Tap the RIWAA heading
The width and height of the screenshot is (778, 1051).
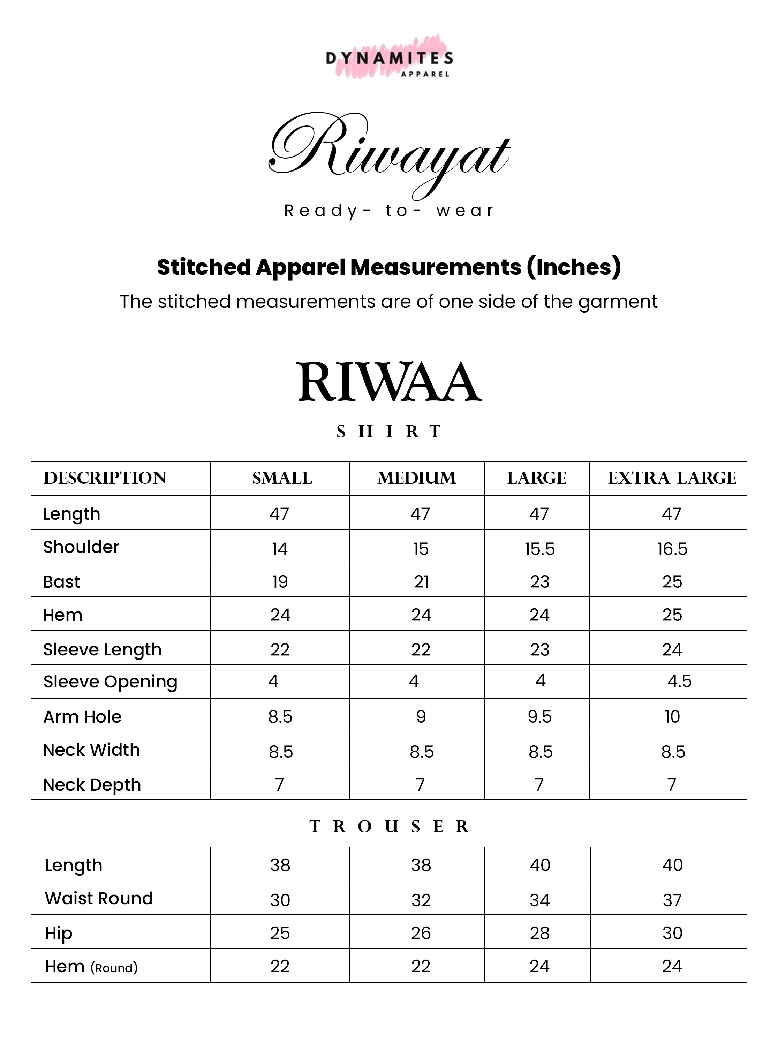coord(390,382)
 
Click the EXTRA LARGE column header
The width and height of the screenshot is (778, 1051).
coord(672,478)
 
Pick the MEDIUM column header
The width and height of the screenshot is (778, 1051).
coord(416,478)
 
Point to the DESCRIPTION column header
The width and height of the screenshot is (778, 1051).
coord(105,478)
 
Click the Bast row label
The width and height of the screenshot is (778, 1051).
coord(62,582)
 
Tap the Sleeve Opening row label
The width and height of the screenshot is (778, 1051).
coord(110,682)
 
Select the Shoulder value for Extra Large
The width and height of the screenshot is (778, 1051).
coord(672,549)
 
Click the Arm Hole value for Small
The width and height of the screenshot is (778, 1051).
coord(280,716)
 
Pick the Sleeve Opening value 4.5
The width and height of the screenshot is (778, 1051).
coord(679,681)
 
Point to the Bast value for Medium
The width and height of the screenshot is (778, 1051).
coord(421,582)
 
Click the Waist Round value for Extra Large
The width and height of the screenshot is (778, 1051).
coord(672,900)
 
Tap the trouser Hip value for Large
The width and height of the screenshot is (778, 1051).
coord(540,933)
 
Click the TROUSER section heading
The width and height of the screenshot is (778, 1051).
coord(389,827)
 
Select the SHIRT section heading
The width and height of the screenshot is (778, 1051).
coord(389,431)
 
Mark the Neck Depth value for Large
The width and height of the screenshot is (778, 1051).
coord(539,785)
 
